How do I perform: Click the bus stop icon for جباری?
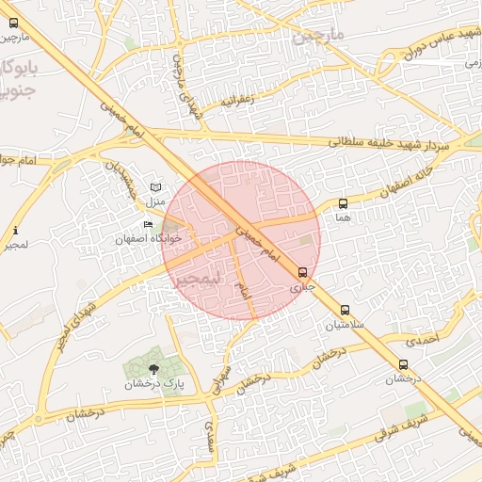301,272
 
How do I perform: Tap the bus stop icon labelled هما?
343,203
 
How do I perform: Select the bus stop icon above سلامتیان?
345,310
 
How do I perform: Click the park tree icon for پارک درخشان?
154,367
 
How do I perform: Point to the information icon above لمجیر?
15,231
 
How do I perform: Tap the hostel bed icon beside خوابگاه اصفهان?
148,224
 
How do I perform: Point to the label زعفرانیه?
237,99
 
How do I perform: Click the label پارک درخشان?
155,384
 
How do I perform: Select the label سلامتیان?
344,326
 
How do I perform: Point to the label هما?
343,217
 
